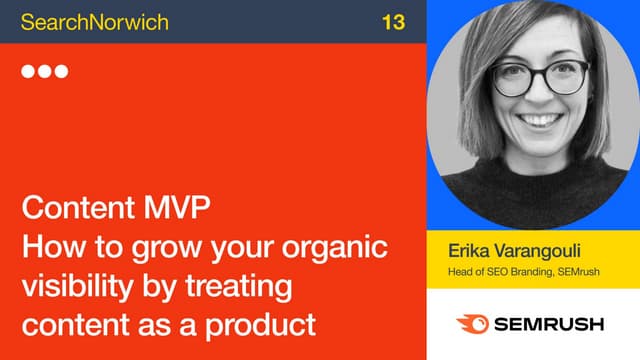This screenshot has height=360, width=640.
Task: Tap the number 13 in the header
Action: coord(393,21)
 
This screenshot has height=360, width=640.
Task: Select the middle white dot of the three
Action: coord(45,72)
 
